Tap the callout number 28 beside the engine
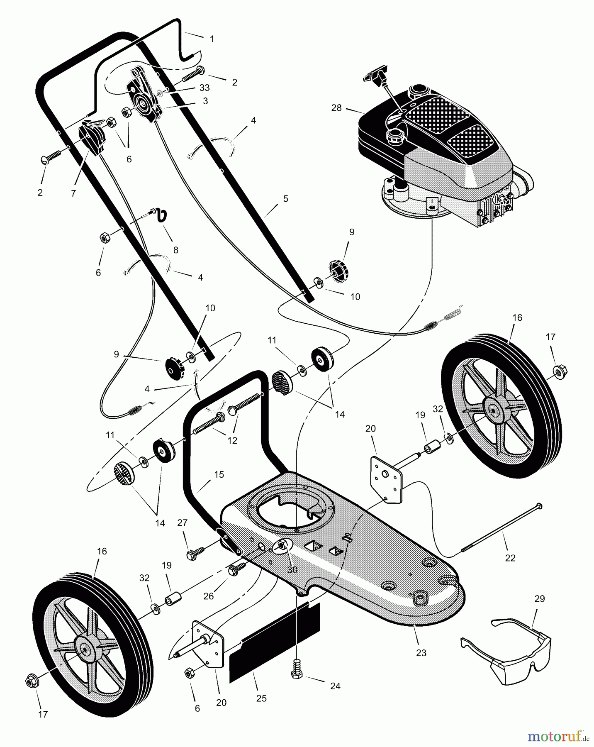pos(336,108)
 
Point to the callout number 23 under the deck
pos(421,653)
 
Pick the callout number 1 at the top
pos(212,39)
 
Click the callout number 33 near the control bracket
pos(204,88)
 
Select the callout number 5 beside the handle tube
pos(285,199)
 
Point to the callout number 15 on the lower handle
pos(219,474)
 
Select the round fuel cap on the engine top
pos(419,91)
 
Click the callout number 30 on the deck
pos(292,570)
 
